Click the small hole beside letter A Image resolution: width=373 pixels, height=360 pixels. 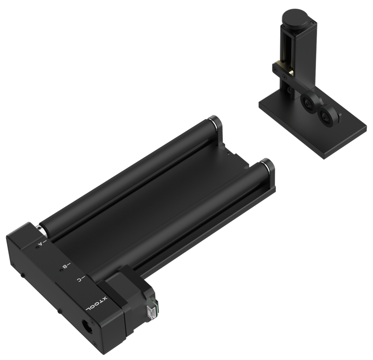pos(37,248)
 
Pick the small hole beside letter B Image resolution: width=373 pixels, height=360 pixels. pos(61,270)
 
